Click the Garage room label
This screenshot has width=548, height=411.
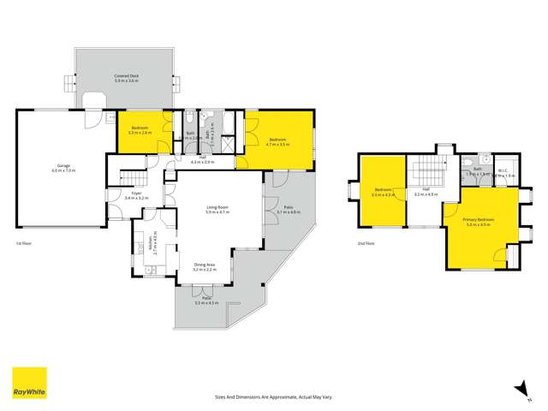tap(63, 165)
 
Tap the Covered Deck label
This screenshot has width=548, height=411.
tap(128, 77)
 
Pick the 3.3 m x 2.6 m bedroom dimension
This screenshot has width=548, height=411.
tap(140, 134)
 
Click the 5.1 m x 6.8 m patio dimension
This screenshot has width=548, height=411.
tap(288, 211)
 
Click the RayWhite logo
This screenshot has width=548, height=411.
tap(29, 384)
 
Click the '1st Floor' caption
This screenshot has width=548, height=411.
tap(24, 244)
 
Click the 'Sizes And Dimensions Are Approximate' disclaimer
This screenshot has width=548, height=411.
tap(273, 396)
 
